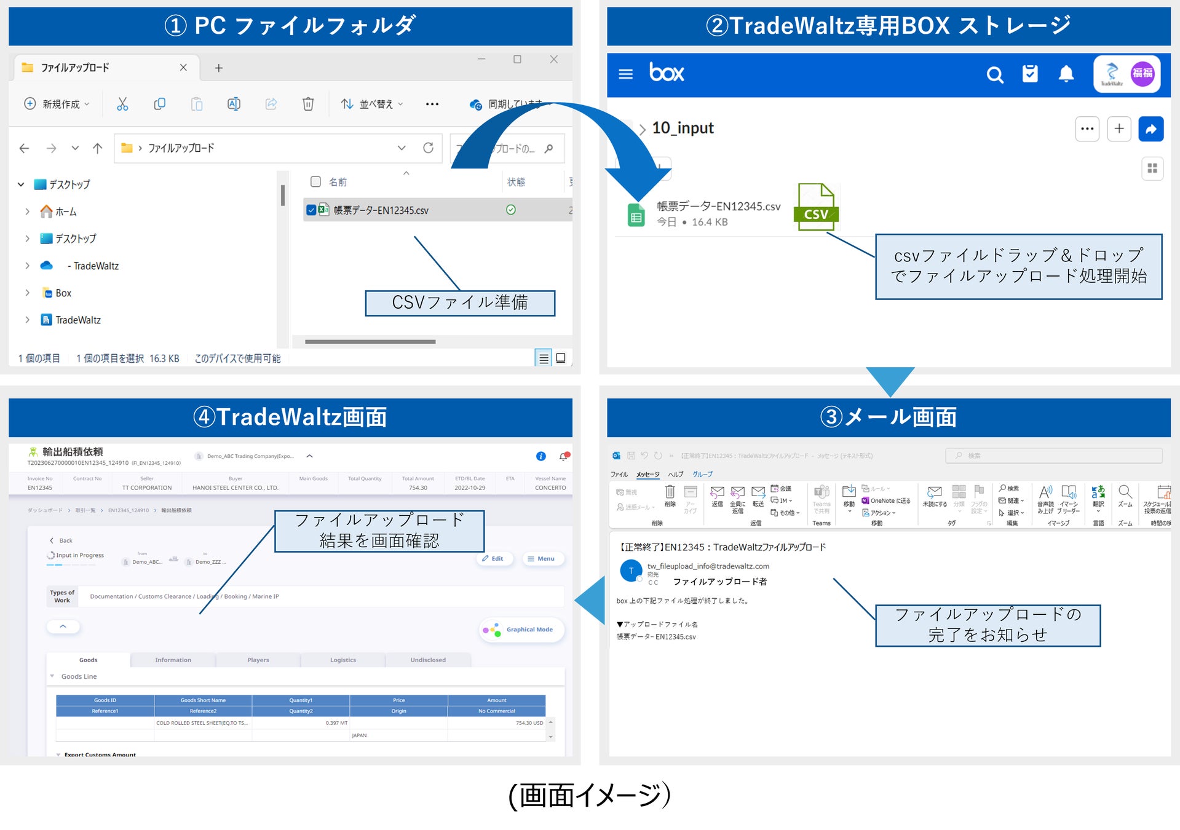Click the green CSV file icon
coord(816,207)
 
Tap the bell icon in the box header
coord(1066,74)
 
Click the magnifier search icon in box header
coord(994,74)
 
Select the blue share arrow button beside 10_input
coord(1150,129)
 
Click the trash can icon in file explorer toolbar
coord(308,104)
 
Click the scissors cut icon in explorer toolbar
coord(122,104)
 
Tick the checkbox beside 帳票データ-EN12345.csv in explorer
coord(311,210)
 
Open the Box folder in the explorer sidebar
coord(63,293)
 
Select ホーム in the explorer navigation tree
coord(65,212)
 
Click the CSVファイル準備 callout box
coord(459,302)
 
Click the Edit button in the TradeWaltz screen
coord(493,558)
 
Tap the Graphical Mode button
coord(521,630)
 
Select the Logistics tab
coord(343,660)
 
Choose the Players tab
coord(258,660)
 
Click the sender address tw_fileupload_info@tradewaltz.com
coord(708,566)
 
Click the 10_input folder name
coord(683,128)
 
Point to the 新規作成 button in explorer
coord(56,104)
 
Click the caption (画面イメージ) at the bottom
coord(589,795)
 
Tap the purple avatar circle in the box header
coord(1142,74)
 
